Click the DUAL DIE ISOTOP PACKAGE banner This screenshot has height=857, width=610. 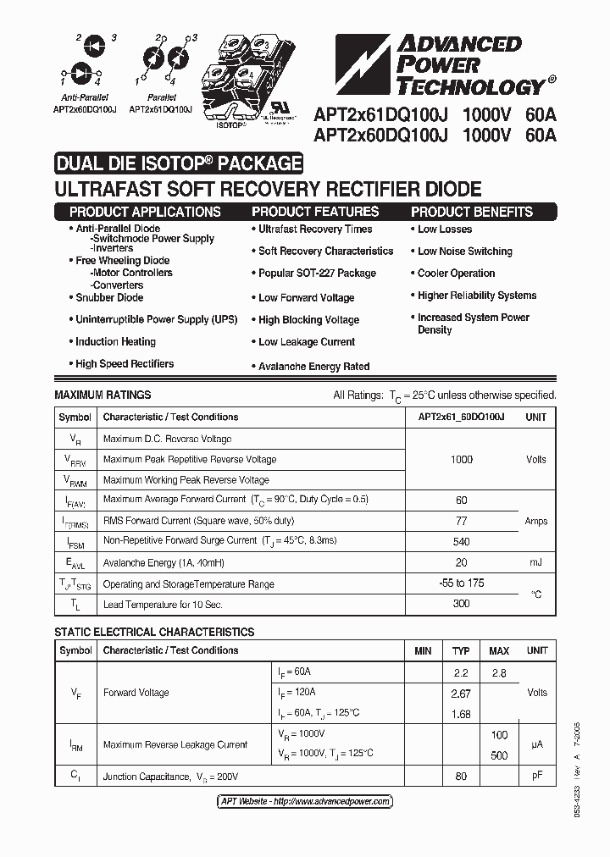click(x=178, y=163)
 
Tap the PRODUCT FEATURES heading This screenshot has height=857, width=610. click(x=315, y=212)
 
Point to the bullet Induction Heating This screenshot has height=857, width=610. click(x=115, y=342)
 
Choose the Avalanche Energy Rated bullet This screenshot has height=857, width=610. click(x=313, y=367)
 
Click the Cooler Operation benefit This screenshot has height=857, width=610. click(x=456, y=274)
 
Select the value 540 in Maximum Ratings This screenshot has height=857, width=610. click(x=461, y=540)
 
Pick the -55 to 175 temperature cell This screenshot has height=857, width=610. click(x=461, y=583)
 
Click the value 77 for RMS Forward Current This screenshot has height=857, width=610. click(x=461, y=521)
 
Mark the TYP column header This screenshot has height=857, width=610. click(x=461, y=650)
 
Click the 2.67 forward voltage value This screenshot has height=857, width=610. click(x=461, y=694)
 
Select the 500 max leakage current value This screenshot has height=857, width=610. click(x=499, y=755)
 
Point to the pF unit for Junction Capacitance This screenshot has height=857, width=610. click(x=536, y=776)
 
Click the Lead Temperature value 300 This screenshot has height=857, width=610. click(x=461, y=604)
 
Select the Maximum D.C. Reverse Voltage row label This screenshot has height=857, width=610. click(x=167, y=440)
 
